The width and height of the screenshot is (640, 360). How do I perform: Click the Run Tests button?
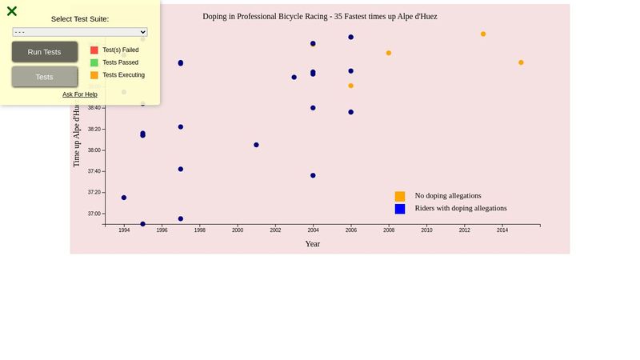44,52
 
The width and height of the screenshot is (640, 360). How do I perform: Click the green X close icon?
12,11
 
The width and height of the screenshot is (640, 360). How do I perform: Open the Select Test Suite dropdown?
80,32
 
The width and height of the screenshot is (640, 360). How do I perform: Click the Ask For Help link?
80,94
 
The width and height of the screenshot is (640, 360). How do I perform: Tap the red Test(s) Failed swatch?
94,50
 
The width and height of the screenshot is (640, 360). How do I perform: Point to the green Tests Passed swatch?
94,62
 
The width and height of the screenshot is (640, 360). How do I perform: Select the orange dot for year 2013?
483,34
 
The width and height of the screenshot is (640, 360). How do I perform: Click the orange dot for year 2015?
521,62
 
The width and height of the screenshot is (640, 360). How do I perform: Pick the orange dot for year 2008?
389,53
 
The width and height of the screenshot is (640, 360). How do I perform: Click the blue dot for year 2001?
256,145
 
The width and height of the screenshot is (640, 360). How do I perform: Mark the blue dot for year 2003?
294,77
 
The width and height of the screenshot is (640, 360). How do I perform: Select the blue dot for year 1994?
124,198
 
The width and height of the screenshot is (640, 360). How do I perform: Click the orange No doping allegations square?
400,196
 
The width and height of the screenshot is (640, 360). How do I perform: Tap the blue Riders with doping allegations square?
400,209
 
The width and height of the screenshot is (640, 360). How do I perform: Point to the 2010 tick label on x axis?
426,230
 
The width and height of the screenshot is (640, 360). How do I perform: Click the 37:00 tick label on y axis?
94,214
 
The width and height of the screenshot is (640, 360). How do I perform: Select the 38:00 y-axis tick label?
94,150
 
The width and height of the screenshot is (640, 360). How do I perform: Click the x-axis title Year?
313,244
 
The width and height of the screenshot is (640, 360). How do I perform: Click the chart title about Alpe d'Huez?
320,16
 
